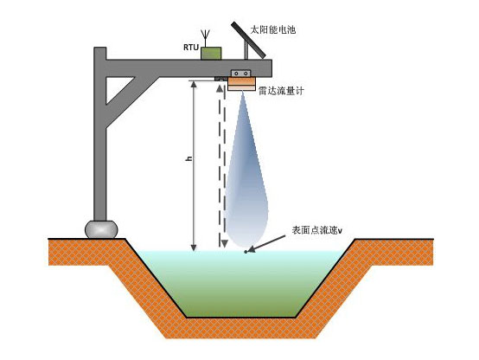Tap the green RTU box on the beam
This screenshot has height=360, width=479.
tap(211, 53)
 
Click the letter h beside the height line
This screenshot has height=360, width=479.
tap(188, 160)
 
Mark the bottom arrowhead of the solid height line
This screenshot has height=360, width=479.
tap(193, 247)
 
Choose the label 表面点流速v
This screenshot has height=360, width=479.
tap(316, 231)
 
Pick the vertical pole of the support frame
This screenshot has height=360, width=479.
tap(99, 147)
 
